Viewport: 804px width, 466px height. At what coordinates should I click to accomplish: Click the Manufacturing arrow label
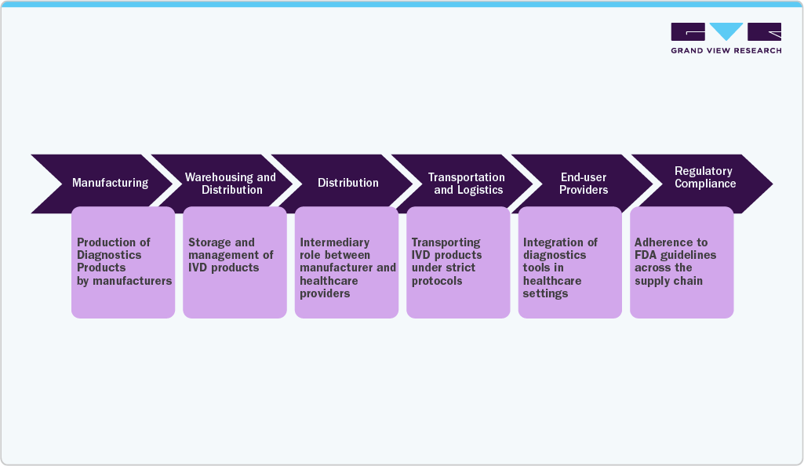pyautogui.click(x=110, y=183)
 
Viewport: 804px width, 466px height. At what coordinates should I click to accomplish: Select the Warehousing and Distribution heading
pyautogui.click(x=231, y=184)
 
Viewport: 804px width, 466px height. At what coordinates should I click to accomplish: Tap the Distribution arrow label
pyautogui.click(x=347, y=183)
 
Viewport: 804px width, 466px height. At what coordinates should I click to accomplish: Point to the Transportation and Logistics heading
pyautogui.click(x=467, y=184)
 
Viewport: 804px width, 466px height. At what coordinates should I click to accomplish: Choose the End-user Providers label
pyautogui.click(x=584, y=184)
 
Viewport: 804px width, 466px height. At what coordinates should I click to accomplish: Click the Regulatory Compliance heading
pyautogui.click(x=704, y=177)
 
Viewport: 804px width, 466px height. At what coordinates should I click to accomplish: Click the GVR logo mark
pyautogui.click(x=726, y=32)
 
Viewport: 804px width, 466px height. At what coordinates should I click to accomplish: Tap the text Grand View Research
pyautogui.click(x=726, y=51)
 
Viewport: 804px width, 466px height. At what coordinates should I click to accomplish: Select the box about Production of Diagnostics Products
pyautogui.click(x=123, y=262)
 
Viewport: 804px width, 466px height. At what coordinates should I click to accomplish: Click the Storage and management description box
pyautogui.click(x=235, y=262)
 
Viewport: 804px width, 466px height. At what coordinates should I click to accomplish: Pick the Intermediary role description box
pyautogui.click(x=347, y=262)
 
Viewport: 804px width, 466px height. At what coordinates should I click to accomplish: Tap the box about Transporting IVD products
pyautogui.click(x=458, y=262)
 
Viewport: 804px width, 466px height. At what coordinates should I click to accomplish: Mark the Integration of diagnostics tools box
pyautogui.click(x=569, y=262)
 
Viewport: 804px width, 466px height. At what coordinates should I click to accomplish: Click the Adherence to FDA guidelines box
pyautogui.click(x=682, y=262)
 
